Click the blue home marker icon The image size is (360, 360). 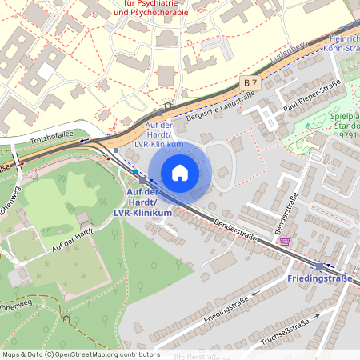point(180,172)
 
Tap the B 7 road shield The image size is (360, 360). point(250,82)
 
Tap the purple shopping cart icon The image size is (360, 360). point(284,242)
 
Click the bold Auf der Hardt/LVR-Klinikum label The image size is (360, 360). point(143,203)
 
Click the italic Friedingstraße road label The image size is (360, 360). point(226,307)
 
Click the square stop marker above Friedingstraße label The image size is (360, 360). point(320,266)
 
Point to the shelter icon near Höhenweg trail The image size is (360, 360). point(66,318)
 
